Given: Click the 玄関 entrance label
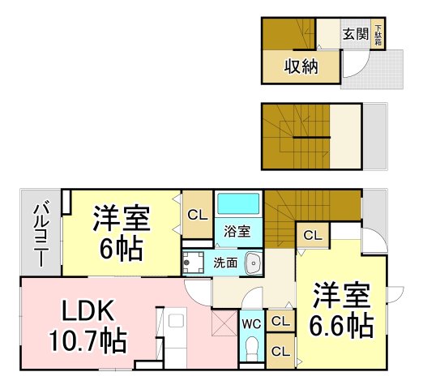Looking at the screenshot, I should (x=355, y=34).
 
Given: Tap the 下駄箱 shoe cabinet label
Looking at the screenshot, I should (x=378, y=35).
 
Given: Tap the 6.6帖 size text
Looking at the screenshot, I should (x=340, y=326).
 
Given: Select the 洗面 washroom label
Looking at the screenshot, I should (x=225, y=263).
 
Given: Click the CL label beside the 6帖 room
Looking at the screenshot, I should (x=195, y=215).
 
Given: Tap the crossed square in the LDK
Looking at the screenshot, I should (x=221, y=326).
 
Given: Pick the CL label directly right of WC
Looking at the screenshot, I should (x=280, y=322).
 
